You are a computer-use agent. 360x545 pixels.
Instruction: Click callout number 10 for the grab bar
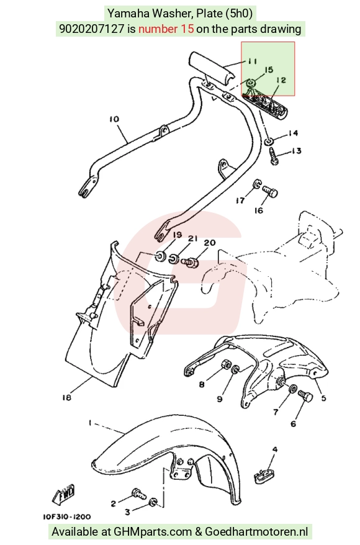[114, 119]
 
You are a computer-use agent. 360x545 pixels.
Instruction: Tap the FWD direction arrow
[63, 495]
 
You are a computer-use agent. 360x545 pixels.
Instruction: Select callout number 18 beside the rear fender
[66, 397]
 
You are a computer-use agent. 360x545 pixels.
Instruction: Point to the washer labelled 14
[269, 141]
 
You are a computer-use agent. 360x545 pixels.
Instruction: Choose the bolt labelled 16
[270, 192]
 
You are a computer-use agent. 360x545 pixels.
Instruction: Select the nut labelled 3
[153, 502]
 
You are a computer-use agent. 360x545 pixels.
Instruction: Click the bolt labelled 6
[306, 395]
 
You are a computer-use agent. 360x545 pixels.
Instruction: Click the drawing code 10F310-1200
[66, 517]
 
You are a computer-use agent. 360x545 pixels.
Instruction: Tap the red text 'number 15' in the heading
[166, 29]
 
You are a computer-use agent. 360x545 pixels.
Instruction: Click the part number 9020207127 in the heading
[92, 29]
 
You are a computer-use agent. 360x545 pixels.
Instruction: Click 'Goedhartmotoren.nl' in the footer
[256, 531]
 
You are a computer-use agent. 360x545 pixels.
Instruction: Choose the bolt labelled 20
[191, 262]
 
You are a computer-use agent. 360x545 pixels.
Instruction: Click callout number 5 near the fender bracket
[323, 398]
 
